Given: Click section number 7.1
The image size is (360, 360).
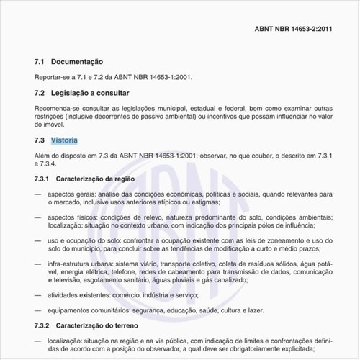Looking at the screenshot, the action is coord(40,62).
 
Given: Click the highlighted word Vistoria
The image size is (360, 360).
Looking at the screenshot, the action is coord(64,140).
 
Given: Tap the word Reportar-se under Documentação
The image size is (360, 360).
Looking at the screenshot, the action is coord(53,77).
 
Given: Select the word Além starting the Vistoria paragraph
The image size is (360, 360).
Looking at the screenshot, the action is coord(43,155).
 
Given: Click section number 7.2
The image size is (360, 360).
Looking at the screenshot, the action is coord(40,93).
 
